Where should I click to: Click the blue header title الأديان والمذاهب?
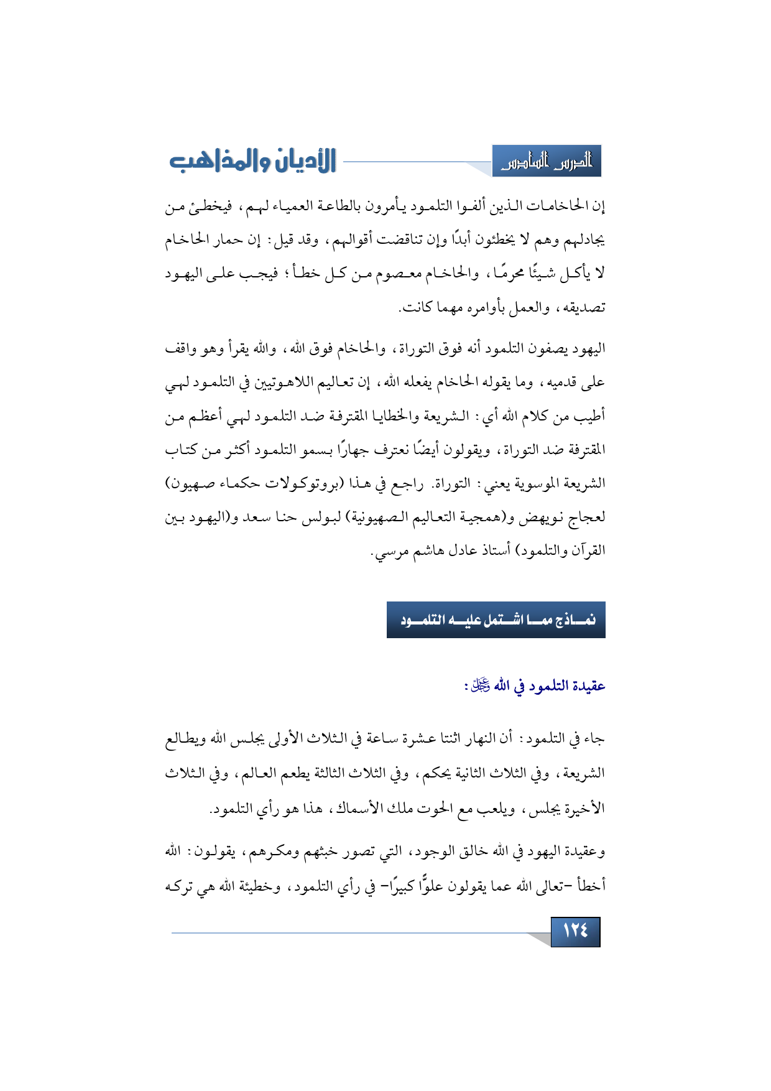(x=252, y=161)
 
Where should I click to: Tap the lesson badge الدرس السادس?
(x=547, y=162)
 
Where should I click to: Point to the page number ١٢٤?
(x=575, y=931)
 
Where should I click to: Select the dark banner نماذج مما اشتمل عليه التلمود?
(x=496, y=620)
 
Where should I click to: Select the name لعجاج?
(x=588, y=518)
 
